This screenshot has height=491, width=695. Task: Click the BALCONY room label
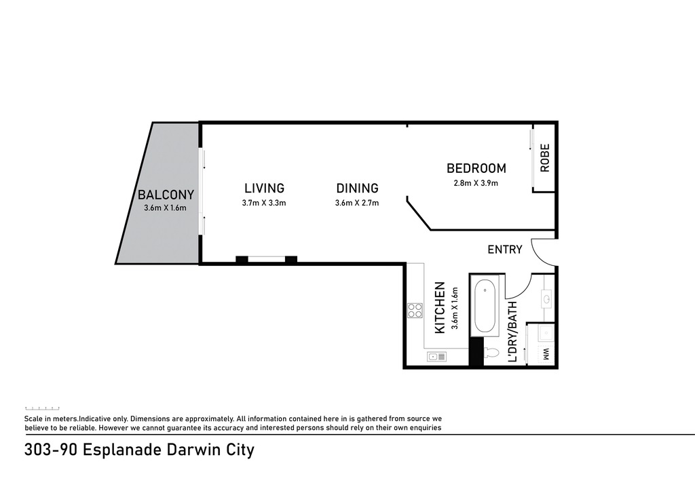click(166, 195)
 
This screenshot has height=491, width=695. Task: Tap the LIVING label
click(264, 188)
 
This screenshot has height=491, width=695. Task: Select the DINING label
click(357, 188)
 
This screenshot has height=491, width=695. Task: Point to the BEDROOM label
click(476, 168)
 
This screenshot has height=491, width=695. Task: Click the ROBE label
click(545, 157)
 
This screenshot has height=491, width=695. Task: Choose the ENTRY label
click(505, 250)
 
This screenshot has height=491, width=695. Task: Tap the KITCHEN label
click(440, 308)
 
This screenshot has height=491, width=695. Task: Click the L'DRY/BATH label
click(512, 331)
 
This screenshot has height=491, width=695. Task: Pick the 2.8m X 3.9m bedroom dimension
click(476, 183)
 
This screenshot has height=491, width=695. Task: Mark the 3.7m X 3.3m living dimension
click(264, 203)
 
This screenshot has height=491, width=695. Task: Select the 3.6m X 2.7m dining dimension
click(357, 203)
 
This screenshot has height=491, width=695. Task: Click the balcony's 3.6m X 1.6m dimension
click(165, 208)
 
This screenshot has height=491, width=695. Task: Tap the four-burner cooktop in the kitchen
click(415, 311)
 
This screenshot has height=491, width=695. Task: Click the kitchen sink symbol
click(436, 357)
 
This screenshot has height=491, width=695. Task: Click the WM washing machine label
click(546, 354)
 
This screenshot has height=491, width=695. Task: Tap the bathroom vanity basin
click(546, 299)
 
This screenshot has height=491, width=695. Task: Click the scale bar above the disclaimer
click(42, 408)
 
